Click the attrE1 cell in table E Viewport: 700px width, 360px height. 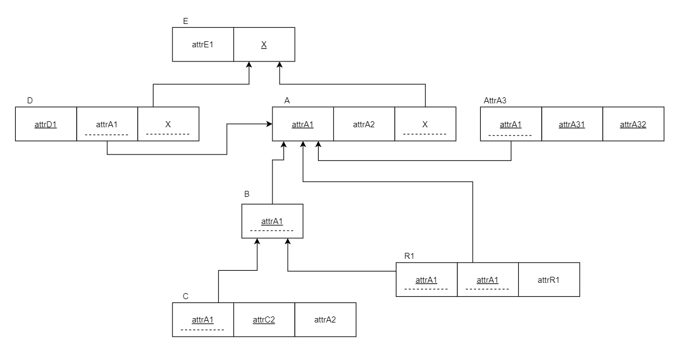tap(203, 45)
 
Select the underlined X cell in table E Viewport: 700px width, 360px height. tap(264, 45)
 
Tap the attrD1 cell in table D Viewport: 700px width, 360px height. tap(46, 125)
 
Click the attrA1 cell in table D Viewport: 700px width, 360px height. tap(107, 125)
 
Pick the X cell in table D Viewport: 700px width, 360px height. tap(168, 125)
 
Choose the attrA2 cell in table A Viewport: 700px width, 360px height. tap(364, 125)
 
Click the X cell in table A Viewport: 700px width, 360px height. tap(425, 125)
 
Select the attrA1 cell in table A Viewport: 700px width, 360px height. tap(302, 125)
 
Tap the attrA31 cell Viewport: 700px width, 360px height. tap(572, 125)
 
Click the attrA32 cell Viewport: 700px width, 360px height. tap(633, 125)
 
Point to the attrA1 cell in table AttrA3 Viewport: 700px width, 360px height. tap(511, 125)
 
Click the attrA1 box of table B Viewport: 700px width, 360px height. tap(272, 221)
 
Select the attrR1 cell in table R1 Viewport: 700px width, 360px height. tap(549, 280)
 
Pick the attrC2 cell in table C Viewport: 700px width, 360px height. tap(264, 320)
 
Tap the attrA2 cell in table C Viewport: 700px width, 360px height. tap(325, 320)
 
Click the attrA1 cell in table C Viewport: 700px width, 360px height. tap(203, 320)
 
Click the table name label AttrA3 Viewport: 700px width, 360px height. tap(495, 101)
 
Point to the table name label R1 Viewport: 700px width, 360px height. tap(409, 256)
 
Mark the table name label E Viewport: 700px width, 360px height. tap(186, 21)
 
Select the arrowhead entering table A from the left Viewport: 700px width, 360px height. tap(269, 125)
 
